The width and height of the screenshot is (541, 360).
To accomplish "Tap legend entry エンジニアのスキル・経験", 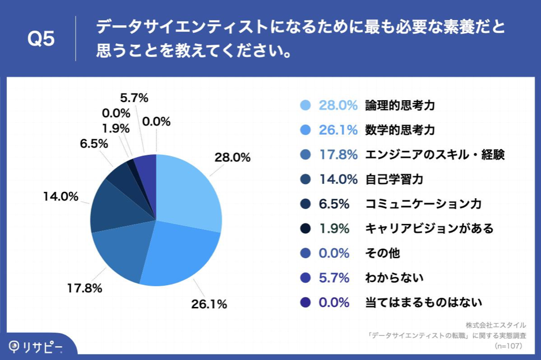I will (x=434, y=154).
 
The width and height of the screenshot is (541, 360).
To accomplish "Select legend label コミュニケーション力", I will (x=423, y=204).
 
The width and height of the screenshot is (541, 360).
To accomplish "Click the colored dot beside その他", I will (x=306, y=253).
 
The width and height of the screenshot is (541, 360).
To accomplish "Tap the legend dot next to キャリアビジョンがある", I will (x=306, y=229).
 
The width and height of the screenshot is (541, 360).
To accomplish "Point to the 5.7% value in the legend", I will (x=334, y=278).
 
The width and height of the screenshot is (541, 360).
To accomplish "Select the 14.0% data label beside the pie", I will (x=60, y=196).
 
